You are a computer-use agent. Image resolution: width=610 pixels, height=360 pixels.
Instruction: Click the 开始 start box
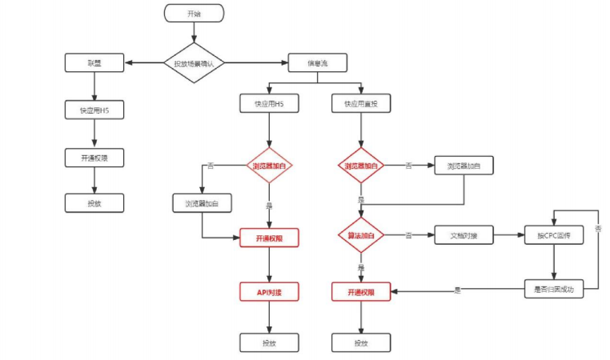[194, 14]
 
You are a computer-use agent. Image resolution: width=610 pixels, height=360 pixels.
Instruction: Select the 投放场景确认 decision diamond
[194, 63]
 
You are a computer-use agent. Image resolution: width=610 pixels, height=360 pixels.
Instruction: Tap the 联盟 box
[94, 63]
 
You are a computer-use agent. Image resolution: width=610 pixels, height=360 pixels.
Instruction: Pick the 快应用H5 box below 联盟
[94, 110]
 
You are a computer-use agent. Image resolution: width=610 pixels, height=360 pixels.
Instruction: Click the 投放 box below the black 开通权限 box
[94, 203]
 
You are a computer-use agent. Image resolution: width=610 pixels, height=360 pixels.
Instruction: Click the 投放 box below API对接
[269, 342]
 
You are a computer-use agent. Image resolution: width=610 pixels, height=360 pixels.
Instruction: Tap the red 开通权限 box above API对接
[269, 238]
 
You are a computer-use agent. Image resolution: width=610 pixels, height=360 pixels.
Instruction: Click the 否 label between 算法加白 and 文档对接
[409, 236]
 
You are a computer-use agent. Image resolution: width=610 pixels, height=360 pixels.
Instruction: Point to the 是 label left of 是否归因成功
[457, 289]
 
